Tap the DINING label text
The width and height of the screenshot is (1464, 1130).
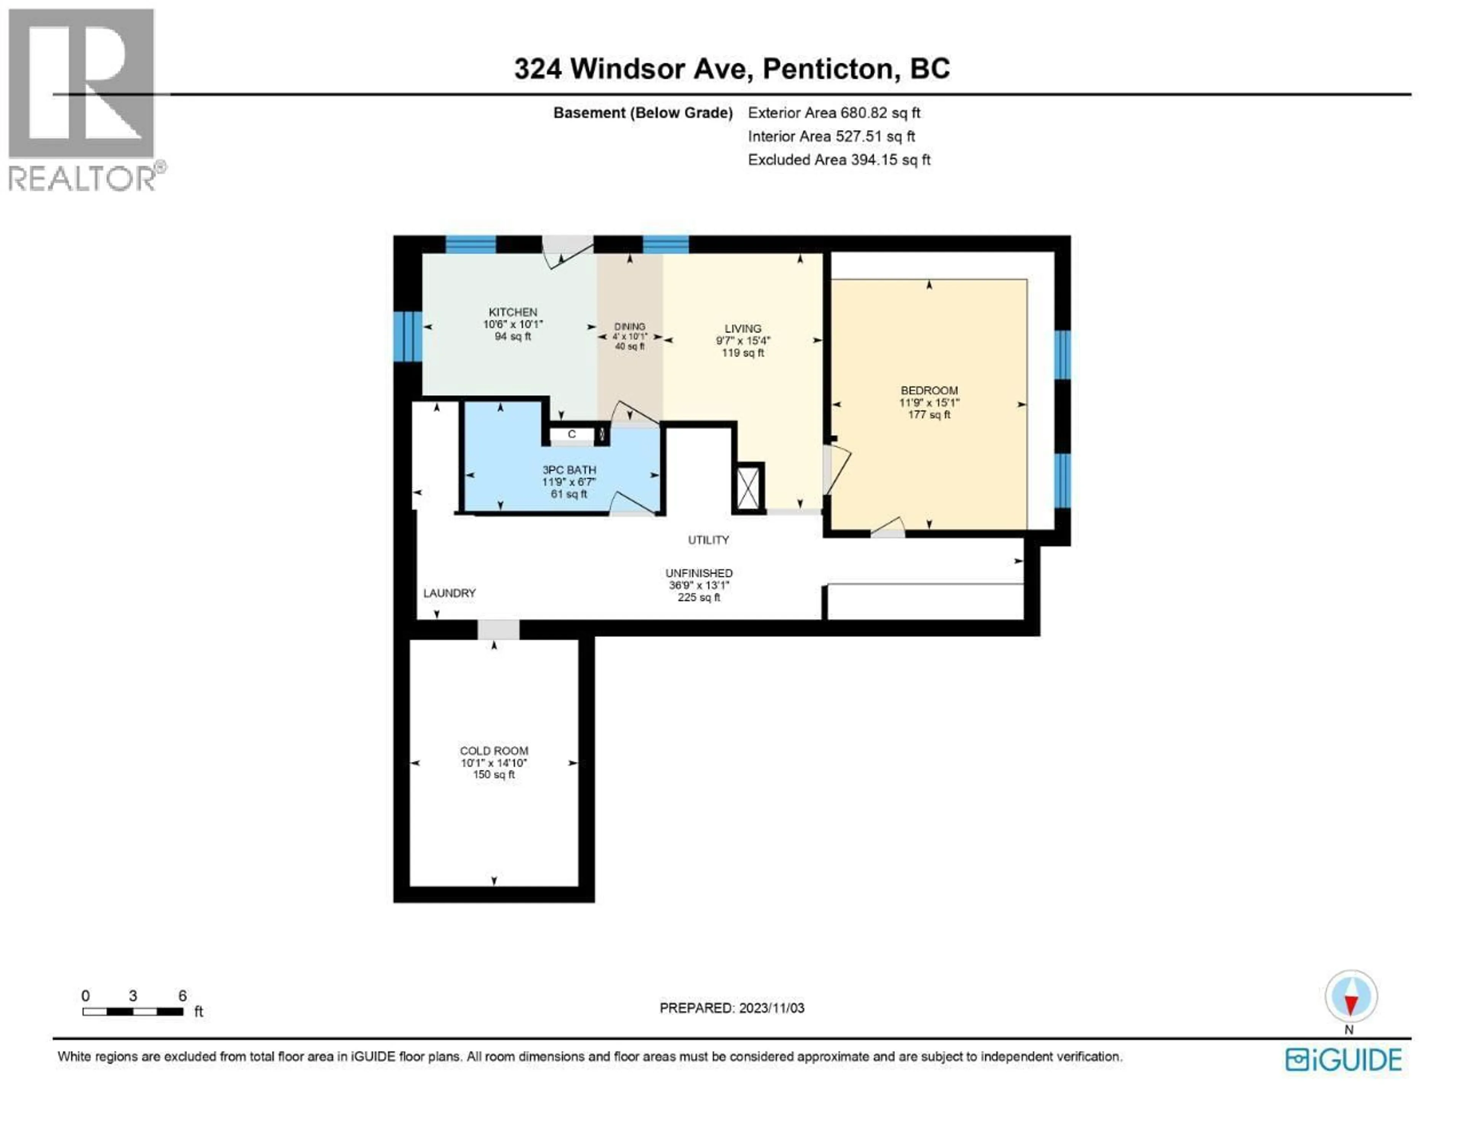(x=629, y=327)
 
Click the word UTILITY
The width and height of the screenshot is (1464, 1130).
(x=708, y=540)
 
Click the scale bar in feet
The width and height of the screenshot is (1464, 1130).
(x=133, y=1012)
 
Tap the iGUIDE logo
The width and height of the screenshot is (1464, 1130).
(x=1343, y=1060)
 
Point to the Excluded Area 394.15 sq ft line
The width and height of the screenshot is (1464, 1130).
(x=839, y=160)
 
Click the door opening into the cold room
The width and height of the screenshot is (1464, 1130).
(x=498, y=630)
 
